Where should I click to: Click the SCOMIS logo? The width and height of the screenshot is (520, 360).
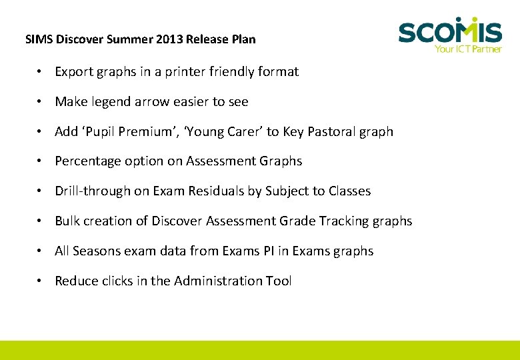tap(449, 31)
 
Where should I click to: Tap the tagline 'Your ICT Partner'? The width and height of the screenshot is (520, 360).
tap(468, 49)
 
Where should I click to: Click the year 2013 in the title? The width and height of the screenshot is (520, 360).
tap(169, 39)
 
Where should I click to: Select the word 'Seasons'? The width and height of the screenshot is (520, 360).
tap(96, 251)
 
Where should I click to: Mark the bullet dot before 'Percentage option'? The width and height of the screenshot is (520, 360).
tap(41, 161)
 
